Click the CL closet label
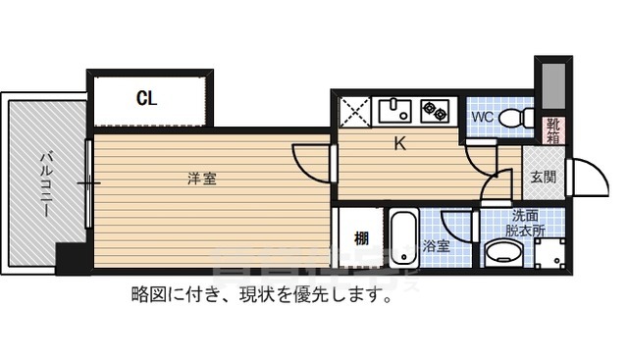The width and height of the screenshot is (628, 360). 146,98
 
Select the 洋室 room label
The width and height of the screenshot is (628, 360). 202,179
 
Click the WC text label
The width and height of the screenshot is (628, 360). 482,119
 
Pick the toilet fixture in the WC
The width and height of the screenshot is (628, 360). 515,119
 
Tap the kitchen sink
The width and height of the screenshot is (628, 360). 395,110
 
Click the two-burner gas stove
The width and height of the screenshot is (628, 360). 434,111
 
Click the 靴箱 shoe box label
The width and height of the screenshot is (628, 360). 553,129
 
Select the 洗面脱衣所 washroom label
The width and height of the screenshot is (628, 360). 524,223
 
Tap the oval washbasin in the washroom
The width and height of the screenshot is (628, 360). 506,254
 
